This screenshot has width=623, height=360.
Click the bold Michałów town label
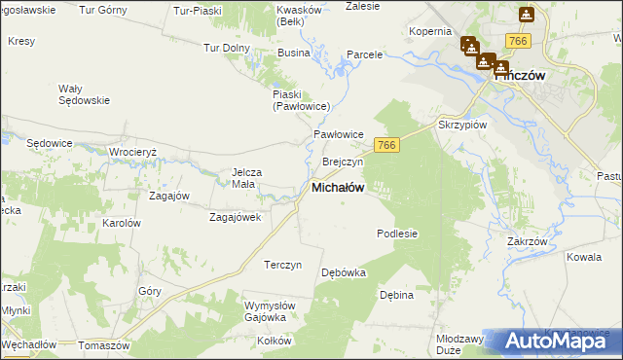tap(338, 189)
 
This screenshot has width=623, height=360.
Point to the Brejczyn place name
tap(342, 162)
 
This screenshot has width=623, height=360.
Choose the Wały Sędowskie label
tap(80, 94)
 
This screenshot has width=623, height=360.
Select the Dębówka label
tap(344, 272)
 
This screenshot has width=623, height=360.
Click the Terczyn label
tap(283, 265)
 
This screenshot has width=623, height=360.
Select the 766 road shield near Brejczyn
tap(387, 145)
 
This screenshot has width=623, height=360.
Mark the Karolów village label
tap(122, 223)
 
